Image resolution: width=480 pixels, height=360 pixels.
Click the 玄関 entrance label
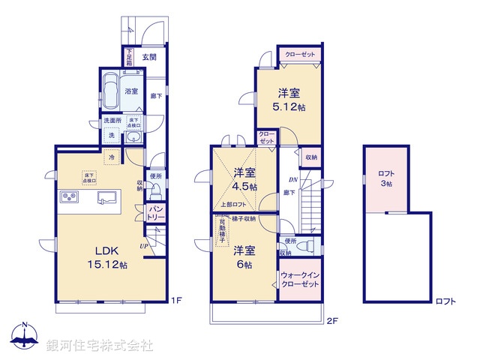[x=148, y=57]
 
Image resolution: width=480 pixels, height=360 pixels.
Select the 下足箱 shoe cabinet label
[x=129, y=57]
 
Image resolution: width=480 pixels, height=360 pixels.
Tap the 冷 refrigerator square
[x=111, y=159]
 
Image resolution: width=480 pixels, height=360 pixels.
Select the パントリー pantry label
[x=156, y=211]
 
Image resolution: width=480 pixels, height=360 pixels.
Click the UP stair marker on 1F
[x=142, y=245]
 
